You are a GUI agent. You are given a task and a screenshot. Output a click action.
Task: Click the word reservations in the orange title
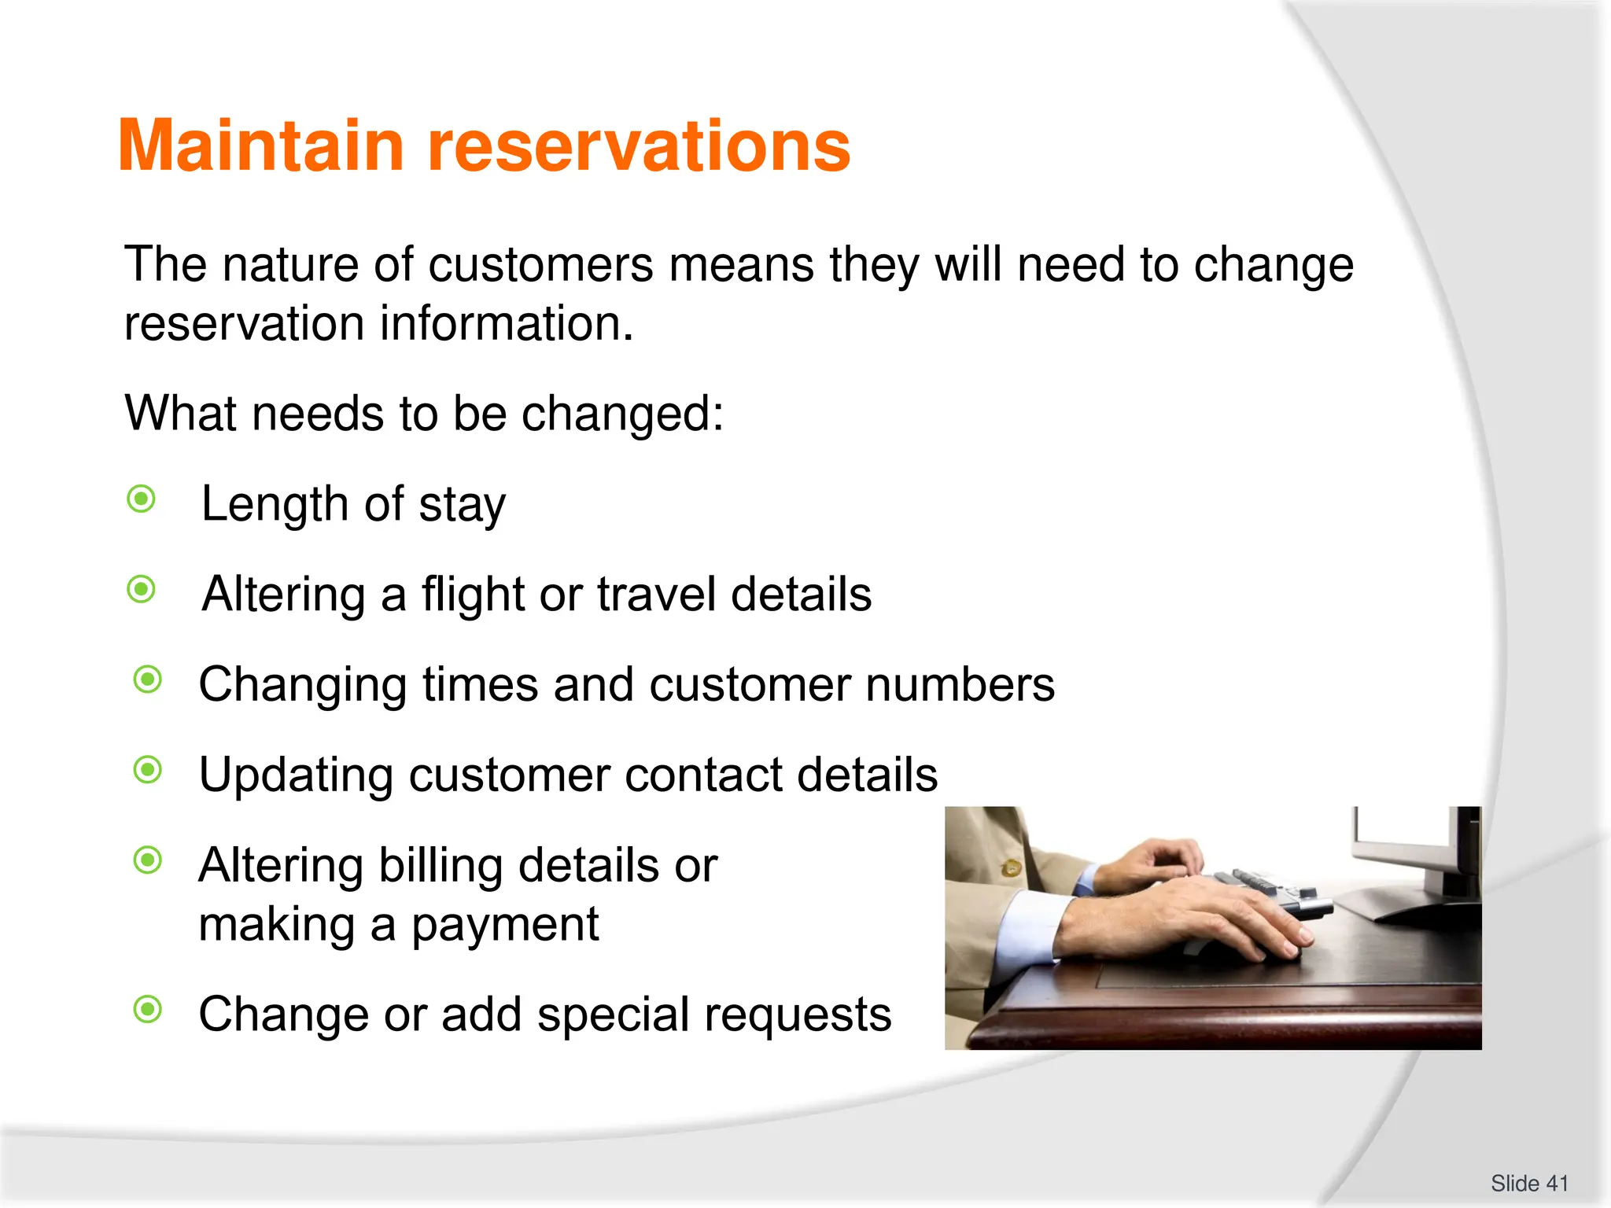point(639,146)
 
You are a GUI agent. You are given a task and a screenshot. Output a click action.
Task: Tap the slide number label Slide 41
point(1529,1183)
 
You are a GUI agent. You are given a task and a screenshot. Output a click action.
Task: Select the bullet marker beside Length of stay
point(142,499)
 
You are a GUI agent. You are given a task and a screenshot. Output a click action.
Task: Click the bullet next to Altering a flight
point(142,589)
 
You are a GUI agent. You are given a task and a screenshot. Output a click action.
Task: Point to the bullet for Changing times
point(148,679)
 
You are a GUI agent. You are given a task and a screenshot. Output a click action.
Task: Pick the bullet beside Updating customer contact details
point(148,770)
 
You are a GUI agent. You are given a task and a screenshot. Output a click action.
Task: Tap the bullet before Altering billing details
point(148,860)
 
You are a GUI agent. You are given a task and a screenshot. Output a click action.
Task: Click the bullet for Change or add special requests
point(148,1009)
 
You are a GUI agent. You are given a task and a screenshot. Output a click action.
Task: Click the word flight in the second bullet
point(473,595)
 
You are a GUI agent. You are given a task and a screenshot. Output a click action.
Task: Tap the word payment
point(505,925)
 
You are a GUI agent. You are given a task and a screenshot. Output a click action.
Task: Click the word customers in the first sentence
point(540,265)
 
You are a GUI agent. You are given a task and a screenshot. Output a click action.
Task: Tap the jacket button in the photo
point(1011,868)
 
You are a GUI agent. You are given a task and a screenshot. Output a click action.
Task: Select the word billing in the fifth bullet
point(441,866)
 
